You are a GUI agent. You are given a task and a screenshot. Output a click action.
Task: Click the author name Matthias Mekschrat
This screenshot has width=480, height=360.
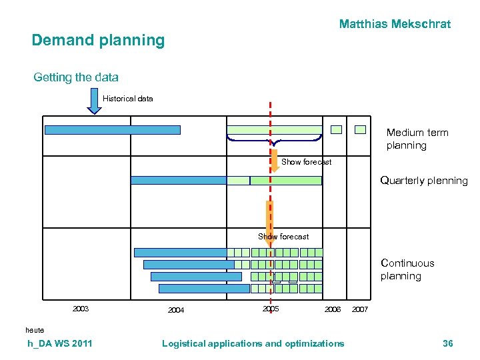point(395,25)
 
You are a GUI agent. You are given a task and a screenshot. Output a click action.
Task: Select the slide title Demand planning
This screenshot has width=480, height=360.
point(98,41)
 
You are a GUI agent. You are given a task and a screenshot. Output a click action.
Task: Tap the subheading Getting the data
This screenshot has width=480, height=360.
point(76,77)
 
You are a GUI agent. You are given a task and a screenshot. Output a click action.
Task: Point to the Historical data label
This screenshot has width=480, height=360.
point(127,99)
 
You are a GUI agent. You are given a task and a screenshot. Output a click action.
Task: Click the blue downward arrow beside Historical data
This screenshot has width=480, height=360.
point(94,101)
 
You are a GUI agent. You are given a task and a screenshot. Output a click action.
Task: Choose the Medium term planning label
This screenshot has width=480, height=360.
point(417,139)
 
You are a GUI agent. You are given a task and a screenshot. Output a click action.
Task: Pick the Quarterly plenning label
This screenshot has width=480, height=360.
point(423,181)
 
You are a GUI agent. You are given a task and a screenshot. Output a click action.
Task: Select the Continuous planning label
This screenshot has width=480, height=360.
point(407,269)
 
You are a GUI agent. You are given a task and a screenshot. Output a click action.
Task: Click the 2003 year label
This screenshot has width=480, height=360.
point(81,309)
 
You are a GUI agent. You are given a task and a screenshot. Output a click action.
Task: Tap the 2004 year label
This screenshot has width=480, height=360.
point(176,310)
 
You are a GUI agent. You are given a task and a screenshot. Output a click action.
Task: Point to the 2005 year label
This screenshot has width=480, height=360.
point(271,309)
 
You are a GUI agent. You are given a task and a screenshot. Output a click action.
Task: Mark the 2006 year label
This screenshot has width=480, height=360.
point(332,310)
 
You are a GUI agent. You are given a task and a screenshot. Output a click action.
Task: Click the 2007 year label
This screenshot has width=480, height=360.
point(359,310)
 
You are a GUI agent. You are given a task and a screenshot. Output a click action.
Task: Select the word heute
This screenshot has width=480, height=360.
point(35,330)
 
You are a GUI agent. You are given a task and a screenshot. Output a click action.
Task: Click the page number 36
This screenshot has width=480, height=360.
point(447,343)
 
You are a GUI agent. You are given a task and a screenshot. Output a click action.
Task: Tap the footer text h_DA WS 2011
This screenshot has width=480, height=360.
point(60,343)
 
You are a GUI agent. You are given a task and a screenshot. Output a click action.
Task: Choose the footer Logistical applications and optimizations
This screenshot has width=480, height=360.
point(253,343)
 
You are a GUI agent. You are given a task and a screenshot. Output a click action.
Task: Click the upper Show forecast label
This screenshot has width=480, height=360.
point(306,162)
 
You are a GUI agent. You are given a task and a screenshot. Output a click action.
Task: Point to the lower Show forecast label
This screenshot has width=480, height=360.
point(283,237)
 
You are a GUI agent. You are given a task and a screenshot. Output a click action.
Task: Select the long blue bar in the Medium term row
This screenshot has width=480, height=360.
point(112,130)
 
